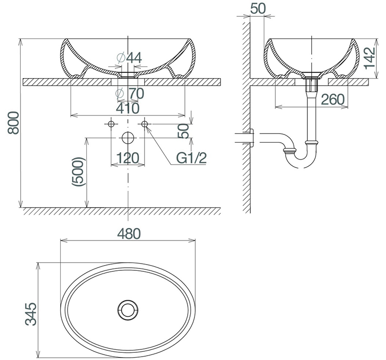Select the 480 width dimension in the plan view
coord(128,234)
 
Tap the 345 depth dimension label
coord(30,314)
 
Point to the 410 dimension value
coord(128,108)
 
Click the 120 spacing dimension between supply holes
coord(128,158)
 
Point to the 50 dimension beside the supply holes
coord(183,130)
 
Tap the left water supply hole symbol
coord(111,124)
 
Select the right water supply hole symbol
coord(145,124)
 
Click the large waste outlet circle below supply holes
coord(128,138)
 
